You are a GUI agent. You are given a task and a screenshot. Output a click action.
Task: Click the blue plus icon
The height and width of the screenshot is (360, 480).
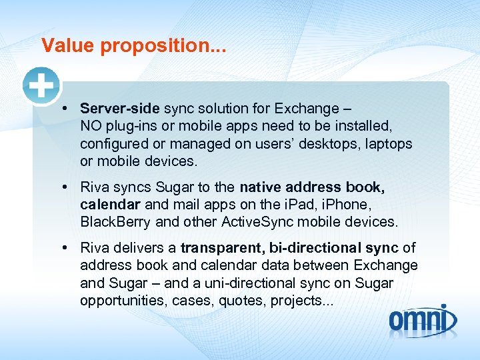coord(41,86)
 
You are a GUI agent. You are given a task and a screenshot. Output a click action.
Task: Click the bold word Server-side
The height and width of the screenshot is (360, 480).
coord(120,108)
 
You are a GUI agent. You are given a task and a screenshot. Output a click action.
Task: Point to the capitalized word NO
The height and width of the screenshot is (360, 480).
coord(91,126)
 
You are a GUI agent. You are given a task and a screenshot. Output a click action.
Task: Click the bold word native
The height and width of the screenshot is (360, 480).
coord(261,187)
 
